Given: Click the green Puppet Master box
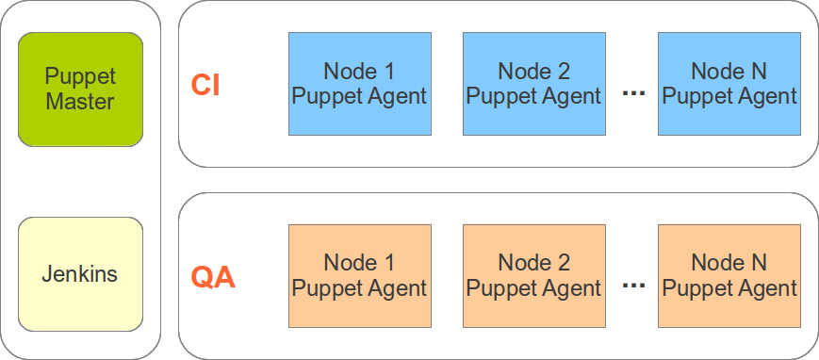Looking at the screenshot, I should (80, 90).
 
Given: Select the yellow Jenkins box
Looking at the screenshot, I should (80, 274).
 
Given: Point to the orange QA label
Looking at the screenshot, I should (213, 278).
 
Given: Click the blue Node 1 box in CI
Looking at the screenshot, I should (359, 84).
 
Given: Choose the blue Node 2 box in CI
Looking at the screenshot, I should (533, 84).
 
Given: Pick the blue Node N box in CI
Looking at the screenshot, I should (729, 84).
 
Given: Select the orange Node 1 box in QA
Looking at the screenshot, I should (359, 275).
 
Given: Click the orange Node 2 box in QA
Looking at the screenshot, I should (533, 275).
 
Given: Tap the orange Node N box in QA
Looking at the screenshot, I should (729, 275).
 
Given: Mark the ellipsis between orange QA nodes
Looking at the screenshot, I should (634, 285).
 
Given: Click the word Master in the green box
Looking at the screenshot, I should (80, 102).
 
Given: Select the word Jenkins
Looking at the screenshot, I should (80, 274).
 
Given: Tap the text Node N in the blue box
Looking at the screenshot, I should (729, 72).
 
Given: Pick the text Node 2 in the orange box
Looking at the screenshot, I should (533, 263).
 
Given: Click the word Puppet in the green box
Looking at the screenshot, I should (80, 77).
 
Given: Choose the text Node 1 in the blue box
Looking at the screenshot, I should (359, 72).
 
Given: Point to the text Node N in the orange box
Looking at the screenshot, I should (729, 263).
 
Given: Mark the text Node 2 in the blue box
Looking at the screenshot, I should (533, 72).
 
